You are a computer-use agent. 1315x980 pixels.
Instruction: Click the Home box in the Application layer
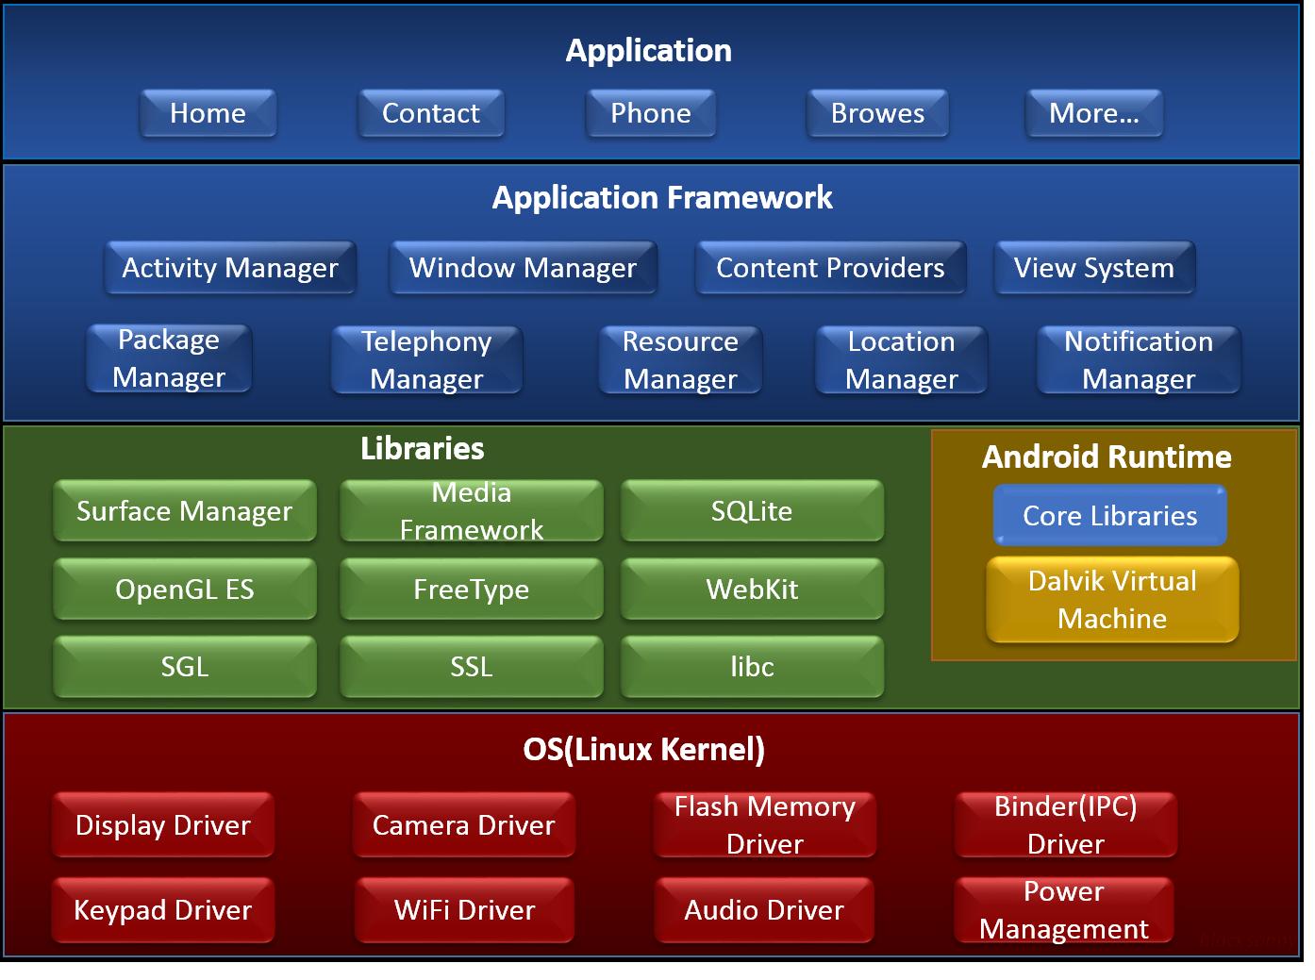(x=208, y=113)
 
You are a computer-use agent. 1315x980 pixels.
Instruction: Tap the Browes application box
(x=877, y=113)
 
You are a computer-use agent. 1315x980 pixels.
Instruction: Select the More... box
(x=1093, y=113)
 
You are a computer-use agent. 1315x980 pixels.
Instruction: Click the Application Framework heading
(x=662, y=198)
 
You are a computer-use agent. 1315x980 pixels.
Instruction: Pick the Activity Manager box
(x=230, y=268)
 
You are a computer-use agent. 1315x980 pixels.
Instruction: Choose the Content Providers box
(x=830, y=268)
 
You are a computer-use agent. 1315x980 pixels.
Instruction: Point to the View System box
(x=1094, y=268)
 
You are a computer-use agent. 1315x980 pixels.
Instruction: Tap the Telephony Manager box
(x=426, y=359)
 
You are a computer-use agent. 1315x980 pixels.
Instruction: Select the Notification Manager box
(x=1139, y=359)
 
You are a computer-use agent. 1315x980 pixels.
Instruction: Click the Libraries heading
(x=423, y=449)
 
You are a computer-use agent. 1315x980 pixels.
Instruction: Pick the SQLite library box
(x=752, y=511)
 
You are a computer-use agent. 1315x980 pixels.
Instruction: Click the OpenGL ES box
(x=185, y=590)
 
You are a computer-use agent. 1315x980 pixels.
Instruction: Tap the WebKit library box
(x=752, y=590)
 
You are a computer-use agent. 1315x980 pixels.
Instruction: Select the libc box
(x=752, y=667)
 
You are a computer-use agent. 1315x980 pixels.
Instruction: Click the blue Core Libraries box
(x=1110, y=516)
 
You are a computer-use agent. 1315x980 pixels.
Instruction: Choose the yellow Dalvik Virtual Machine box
(x=1112, y=600)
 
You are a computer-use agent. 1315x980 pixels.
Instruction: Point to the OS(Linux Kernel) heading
(x=644, y=750)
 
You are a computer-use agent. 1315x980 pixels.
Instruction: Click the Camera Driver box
(x=464, y=825)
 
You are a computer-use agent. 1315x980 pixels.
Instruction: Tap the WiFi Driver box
(x=464, y=910)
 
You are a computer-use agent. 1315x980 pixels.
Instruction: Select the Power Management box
(x=1064, y=910)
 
